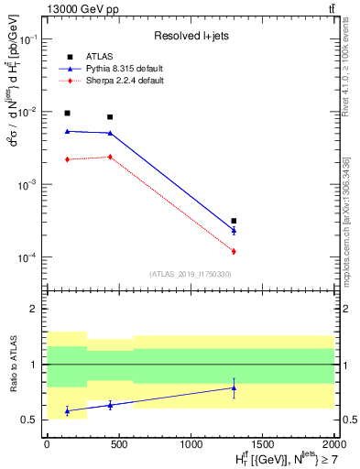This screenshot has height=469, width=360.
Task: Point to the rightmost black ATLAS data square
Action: point(234,221)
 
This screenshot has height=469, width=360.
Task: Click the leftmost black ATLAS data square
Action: point(67,113)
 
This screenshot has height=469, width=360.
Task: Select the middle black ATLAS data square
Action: point(110,116)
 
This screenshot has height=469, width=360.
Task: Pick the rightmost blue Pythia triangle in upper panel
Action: point(234,230)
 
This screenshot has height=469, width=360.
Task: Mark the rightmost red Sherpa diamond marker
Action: point(234,251)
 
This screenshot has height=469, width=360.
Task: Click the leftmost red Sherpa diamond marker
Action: point(67,159)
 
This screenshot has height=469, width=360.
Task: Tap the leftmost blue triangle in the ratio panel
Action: point(67,411)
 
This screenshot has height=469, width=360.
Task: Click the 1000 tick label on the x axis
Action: point(191,444)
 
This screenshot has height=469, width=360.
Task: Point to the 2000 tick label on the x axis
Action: point(333,444)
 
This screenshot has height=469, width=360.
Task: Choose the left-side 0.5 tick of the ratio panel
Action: point(33,420)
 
